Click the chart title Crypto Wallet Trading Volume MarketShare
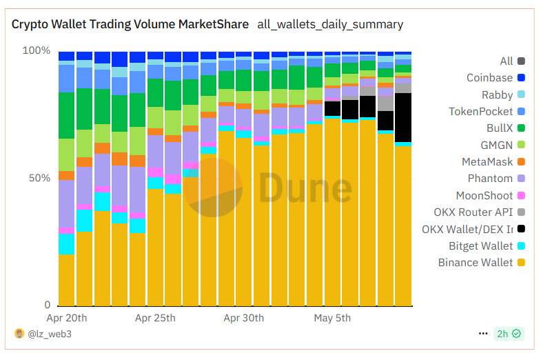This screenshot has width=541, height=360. coord(130,24)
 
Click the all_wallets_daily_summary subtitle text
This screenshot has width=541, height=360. coord(329,24)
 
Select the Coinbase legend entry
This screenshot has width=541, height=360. coord(489,78)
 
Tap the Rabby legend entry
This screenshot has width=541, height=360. coord(497,95)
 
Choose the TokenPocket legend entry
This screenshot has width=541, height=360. coord(480,112)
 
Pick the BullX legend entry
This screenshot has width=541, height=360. coord(500,128)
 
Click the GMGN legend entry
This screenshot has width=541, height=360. coord(496,145)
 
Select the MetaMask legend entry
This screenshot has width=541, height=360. coord(487,162)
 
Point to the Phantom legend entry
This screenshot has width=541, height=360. coord(490,179)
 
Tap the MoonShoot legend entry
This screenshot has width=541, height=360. coord(484,196)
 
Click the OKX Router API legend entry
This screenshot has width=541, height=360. coord(473,212)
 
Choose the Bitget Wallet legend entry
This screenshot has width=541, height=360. coord(481,246)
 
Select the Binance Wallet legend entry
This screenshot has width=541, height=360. coord(476,263)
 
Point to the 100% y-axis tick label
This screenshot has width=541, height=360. coord(37,51)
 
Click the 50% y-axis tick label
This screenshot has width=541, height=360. coord(39,178)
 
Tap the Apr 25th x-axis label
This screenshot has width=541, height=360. coord(155,318)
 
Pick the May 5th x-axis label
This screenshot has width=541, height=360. coord(332,318)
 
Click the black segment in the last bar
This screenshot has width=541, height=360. coord(403,117)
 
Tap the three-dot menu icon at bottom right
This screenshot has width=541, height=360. coord(482,334)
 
